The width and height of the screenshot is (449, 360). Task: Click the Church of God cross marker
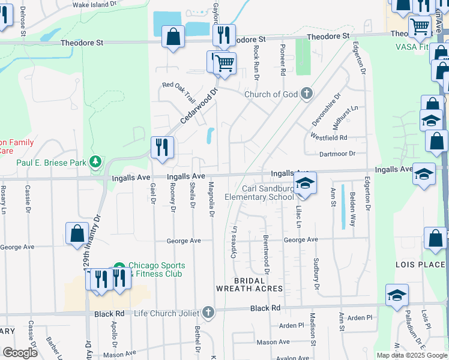[x=306, y=94]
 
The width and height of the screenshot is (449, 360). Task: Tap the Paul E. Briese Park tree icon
[x=95, y=161]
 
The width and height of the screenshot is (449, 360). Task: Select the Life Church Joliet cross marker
[x=208, y=311]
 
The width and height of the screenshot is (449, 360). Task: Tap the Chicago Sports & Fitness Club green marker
[x=119, y=266]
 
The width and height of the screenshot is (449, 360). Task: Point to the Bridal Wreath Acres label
[x=249, y=284]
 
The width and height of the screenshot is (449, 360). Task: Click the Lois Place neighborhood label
[x=420, y=265]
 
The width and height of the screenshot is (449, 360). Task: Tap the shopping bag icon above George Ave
[x=77, y=233]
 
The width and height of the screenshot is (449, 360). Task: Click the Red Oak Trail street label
[x=179, y=91]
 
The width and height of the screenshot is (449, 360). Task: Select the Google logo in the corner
[x=19, y=353]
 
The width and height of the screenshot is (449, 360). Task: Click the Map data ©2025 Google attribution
[x=411, y=355]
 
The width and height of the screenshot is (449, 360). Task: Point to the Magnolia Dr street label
[x=211, y=198]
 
